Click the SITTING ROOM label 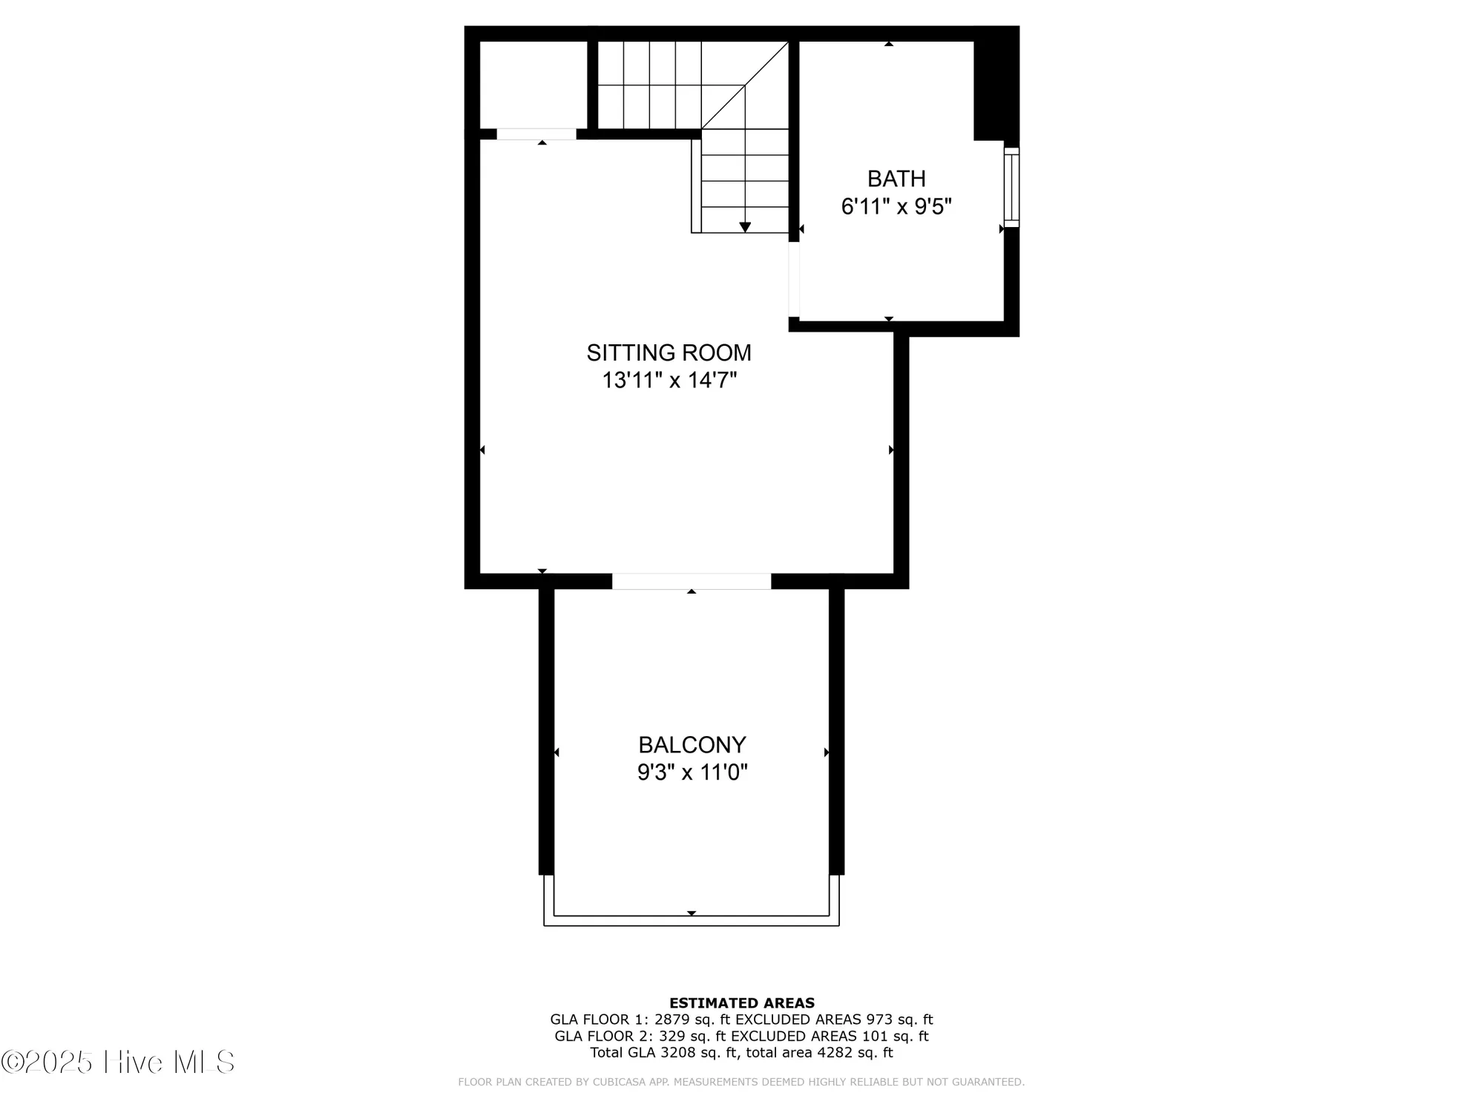click(669, 352)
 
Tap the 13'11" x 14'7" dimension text click(669, 381)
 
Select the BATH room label click(896, 179)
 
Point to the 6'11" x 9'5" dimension click(896, 206)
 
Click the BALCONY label click(692, 744)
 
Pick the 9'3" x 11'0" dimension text click(692, 772)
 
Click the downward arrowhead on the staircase click(745, 227)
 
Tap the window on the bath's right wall click(1011, 187)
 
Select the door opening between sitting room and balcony click(692, 581)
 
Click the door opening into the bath click(794, 280)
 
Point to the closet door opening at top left click(536, 134)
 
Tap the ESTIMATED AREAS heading click(741, 1003)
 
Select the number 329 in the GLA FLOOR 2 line click(672, 1036)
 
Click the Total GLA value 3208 click(680, 1052)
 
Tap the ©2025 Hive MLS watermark click(118, 1062)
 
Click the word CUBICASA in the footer click(617, 1082)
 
